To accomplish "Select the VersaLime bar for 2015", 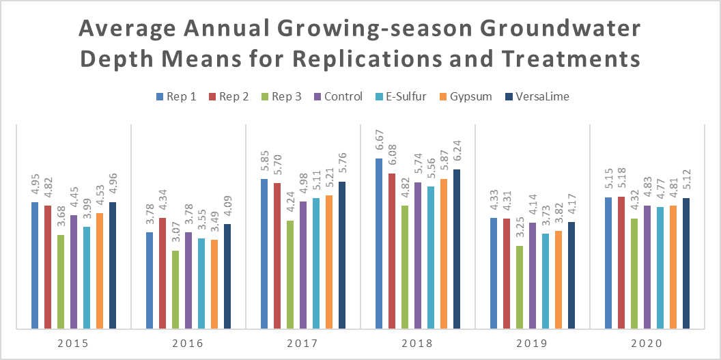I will (113, 265).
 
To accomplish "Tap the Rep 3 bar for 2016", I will (175, 289).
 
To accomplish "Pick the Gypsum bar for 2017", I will (329, 262).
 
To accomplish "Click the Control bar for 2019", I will (533, 275).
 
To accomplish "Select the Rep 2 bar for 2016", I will (162, 273).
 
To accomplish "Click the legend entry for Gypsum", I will (464, 96).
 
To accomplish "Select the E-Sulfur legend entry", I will (401, 96).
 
